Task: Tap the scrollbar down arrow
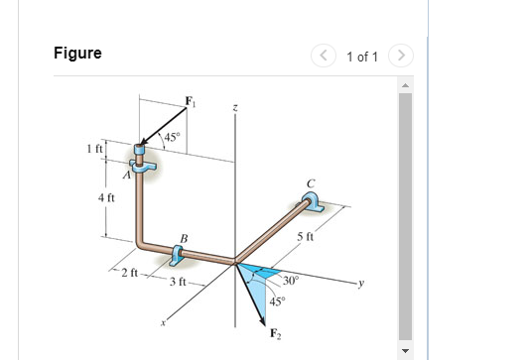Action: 404,350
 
